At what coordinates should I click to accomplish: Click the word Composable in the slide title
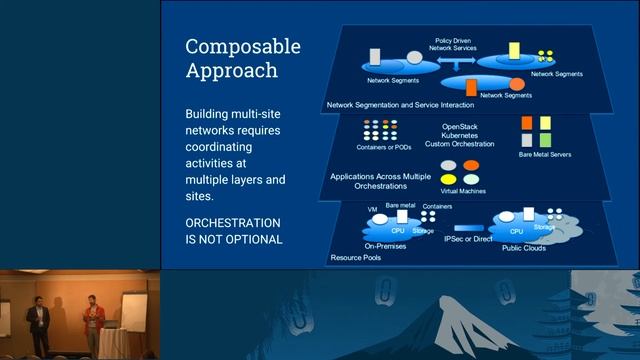pyautogui.click(x=243, y=47)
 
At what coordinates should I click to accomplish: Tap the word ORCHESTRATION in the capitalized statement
pyautogui.click(x=233, y=222)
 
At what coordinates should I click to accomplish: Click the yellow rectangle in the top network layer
pyautogui.click(x=514, y=49)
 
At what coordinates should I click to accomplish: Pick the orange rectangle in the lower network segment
pyautogui.click(x=471, y=87)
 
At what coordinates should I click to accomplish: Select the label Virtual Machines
pyautogui.click(x=463, y=188)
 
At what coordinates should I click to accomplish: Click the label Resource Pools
pyautogui.click(x=354, y=258)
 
